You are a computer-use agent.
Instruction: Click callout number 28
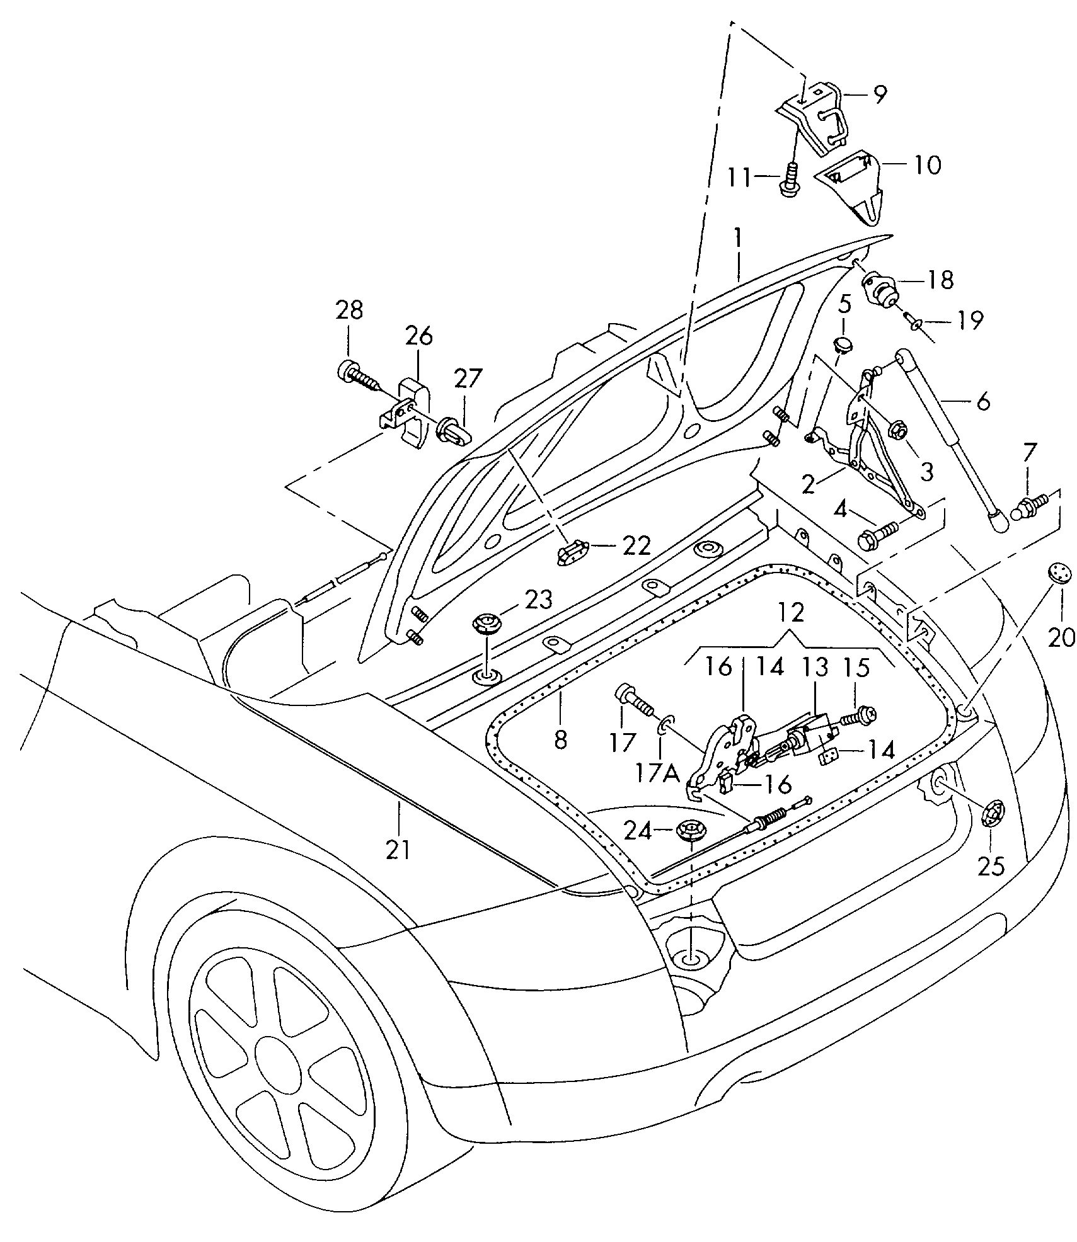pyautogui.click(x=349, y=310)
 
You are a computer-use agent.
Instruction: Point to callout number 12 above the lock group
pyautogui.click(x=792, y=612)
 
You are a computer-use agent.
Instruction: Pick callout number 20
pyautogui.click(x=1062, y=639)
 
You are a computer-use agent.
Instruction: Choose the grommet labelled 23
pyautogui.click(x=486, y=625)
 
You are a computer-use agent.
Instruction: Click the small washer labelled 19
pyautogui.click(x=914, y=324)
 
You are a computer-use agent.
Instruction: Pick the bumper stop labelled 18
pyautogui.click(x=881, y=290)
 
